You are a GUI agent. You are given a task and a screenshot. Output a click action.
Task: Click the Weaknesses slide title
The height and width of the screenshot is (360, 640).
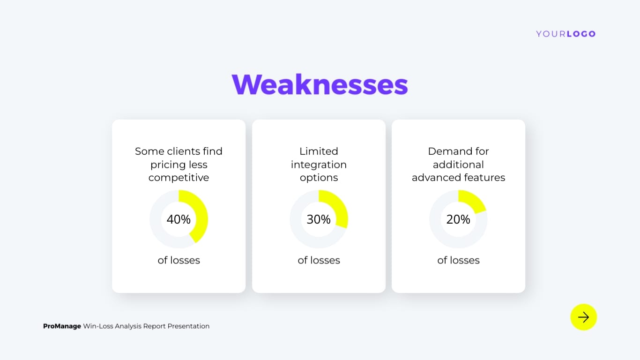coord(320,85)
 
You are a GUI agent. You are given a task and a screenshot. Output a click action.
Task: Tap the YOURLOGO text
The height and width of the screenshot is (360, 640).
coord(566,34)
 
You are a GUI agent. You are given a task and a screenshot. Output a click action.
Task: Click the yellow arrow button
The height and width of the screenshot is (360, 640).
coord(583,317)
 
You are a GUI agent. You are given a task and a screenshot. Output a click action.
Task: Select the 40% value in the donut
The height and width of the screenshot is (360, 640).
coord(179,219)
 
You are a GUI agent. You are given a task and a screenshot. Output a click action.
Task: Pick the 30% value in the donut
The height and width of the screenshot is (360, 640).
coord(319,219)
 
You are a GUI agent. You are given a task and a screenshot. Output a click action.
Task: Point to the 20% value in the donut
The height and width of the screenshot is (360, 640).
coord(458,219)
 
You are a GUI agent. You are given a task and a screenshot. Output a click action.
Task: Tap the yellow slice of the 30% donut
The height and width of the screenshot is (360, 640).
coord(338,207)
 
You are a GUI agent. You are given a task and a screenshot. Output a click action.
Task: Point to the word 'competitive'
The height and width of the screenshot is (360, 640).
coord(179,178)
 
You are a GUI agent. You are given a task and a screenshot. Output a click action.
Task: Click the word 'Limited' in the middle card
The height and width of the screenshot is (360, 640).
coord(319,151)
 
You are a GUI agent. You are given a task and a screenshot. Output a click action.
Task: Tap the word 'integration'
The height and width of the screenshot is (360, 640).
coord(319,165)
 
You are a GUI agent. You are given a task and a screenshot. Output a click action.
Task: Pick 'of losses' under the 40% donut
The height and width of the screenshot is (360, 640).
coord(179,260)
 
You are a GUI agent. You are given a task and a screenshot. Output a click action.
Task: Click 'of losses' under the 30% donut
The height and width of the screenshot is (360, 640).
coord(319,260)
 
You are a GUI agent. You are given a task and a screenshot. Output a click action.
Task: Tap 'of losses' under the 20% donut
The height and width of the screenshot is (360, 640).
coord(458,260)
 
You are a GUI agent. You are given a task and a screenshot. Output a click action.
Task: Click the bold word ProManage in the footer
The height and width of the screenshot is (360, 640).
coord(62,326)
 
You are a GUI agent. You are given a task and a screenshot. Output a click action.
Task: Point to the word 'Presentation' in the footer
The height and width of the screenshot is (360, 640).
coord(188,326)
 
